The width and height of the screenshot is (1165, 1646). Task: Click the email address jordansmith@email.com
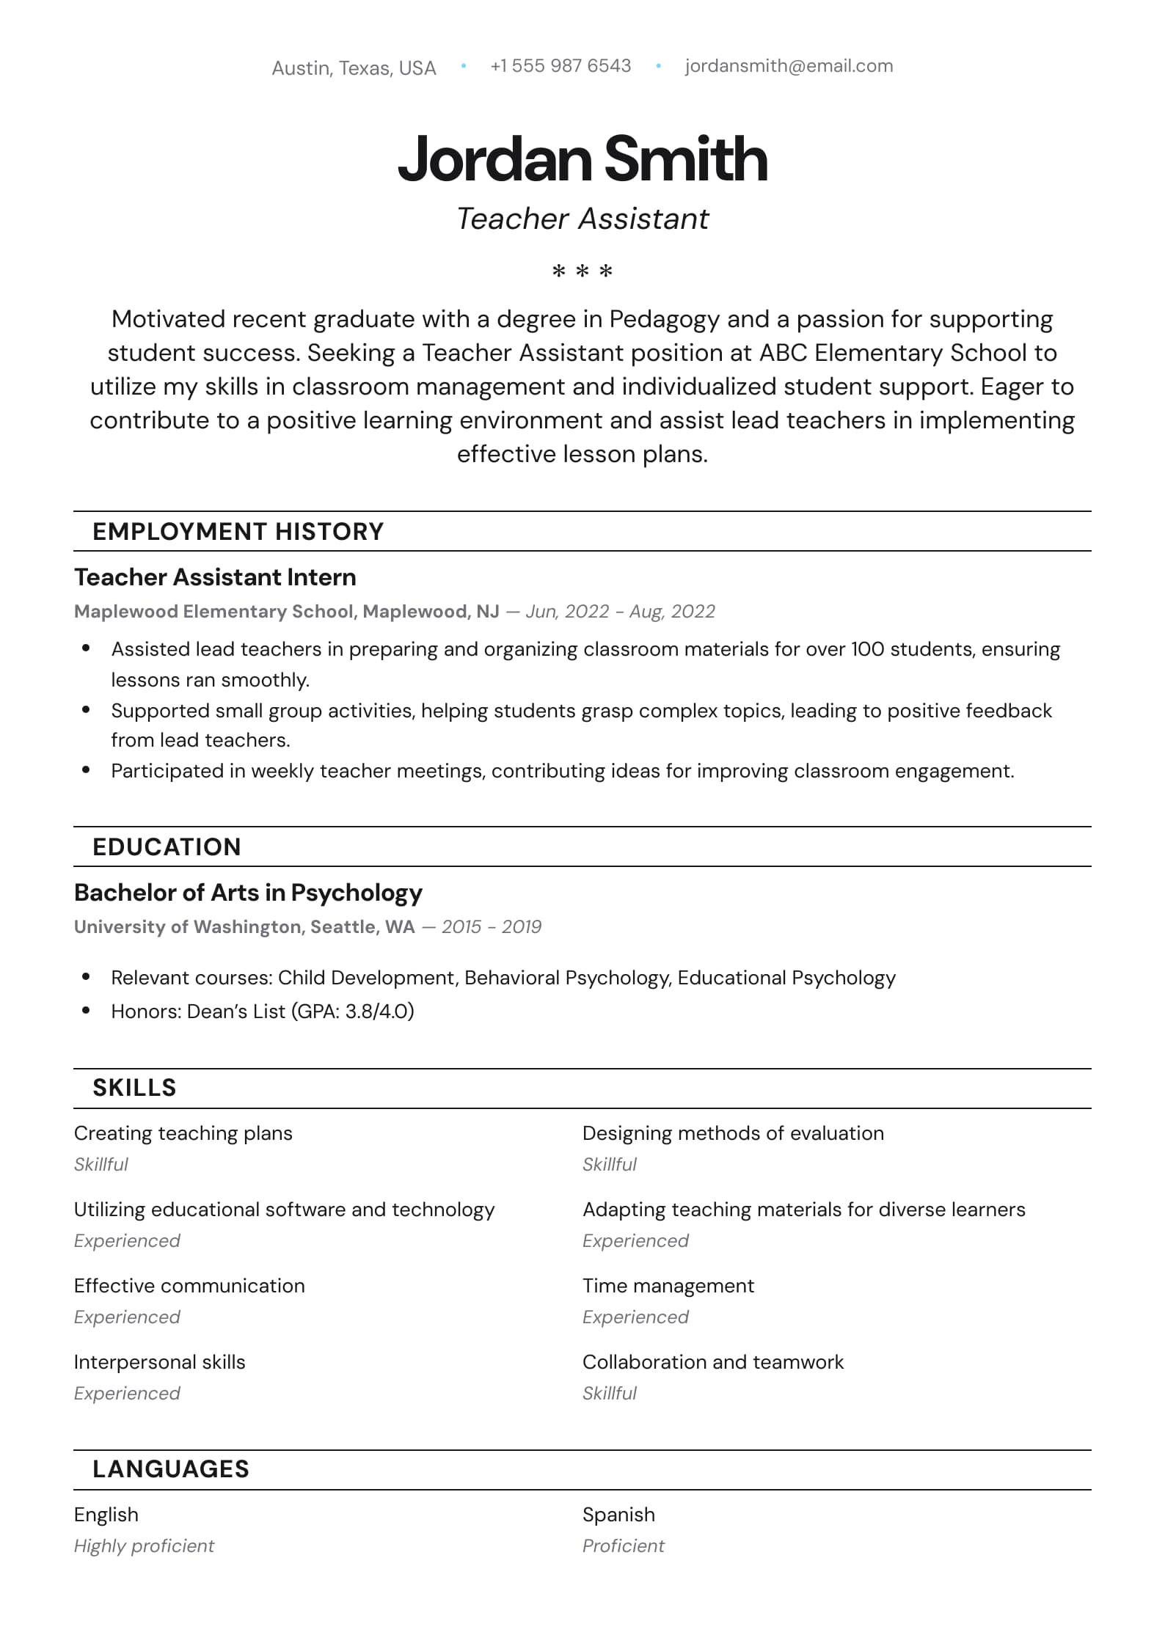[789, 66]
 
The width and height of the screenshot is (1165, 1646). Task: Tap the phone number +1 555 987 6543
[560, 66]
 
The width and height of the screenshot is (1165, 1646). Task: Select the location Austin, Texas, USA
[354, 68]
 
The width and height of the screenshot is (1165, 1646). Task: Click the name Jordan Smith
[582, 159]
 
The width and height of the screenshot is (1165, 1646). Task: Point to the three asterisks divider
[582, 272]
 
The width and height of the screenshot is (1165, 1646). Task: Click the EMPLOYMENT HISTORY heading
[238, 532]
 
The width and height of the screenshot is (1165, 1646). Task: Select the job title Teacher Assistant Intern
[215, 577]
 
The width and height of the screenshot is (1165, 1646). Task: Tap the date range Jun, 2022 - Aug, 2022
[620, 612]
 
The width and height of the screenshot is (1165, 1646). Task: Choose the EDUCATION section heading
[167, 847]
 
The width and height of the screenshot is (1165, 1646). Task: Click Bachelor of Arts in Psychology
[248, 893]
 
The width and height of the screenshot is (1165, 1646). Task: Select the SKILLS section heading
[134, 1088]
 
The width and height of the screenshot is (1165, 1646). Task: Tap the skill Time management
[668, 1286]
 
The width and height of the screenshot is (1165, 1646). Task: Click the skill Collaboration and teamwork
[712, 1362]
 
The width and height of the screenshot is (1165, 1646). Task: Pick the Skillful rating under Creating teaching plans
[101, 1165]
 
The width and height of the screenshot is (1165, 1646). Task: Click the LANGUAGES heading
[170, 1469]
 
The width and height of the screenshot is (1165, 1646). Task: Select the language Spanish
[618, 1515]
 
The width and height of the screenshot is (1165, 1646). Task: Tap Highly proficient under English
[144, 1546]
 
